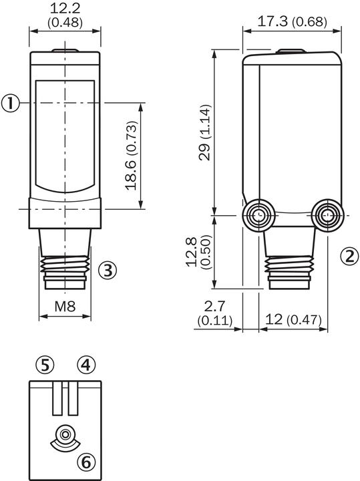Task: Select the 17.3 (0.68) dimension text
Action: pos(284,21)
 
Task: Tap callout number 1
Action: pos(9,103)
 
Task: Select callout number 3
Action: pos(108,270)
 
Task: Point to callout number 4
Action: pos(86,365)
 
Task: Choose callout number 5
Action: pos(45,365)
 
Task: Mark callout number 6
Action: pos(86,461)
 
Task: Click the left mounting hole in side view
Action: pos(258,216)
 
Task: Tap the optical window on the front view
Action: pos(64,134)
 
